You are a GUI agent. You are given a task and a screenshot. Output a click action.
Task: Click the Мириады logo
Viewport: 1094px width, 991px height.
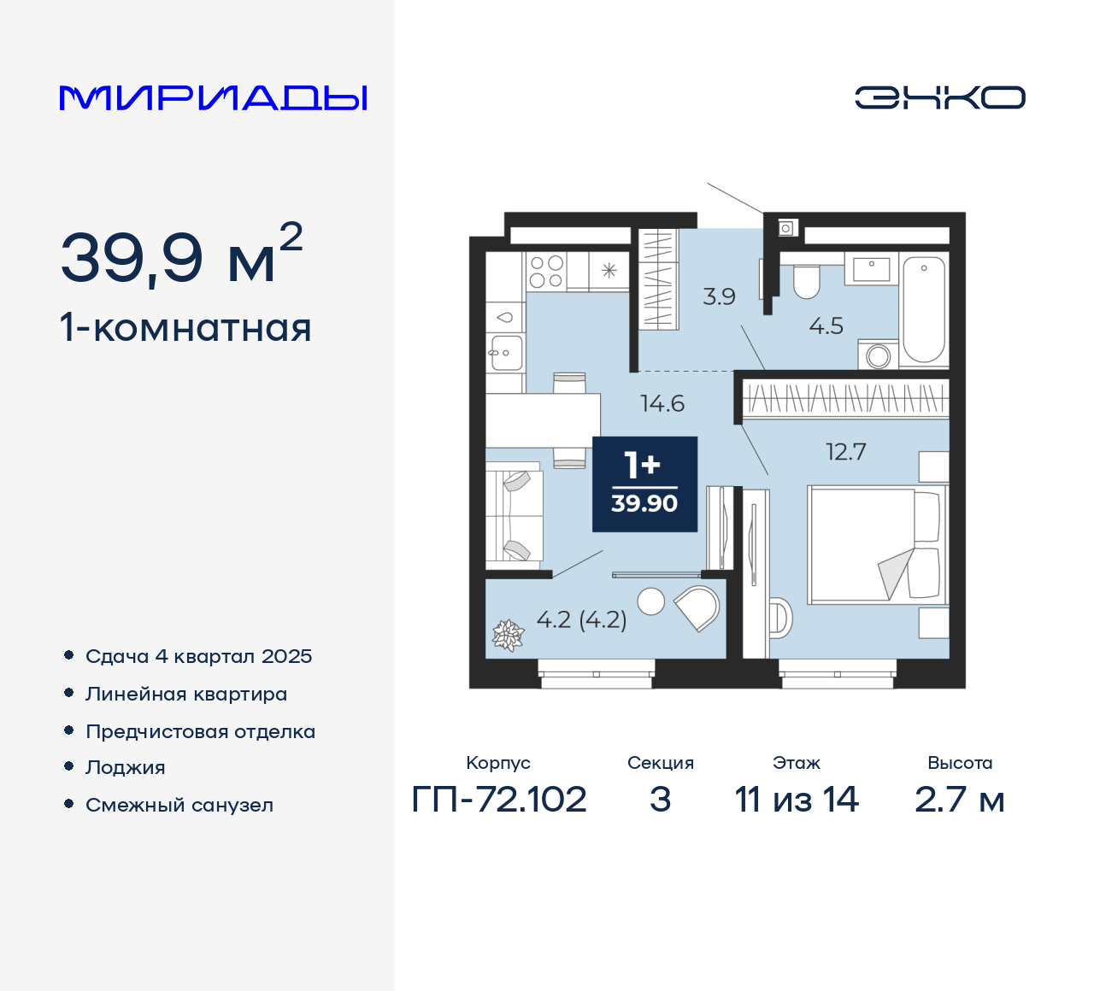[x=214, y=98]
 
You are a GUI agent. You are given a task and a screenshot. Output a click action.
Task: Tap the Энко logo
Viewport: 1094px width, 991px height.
[x=939, y=97]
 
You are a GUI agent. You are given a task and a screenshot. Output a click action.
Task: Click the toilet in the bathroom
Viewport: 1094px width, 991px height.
[x=806, y=281]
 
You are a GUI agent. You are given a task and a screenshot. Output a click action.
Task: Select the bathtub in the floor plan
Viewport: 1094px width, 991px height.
[x=924, y=309]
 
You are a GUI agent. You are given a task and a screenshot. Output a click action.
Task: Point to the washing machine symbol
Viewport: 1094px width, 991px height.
[x=879, y=355]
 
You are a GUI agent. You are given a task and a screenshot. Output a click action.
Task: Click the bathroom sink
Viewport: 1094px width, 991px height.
[x=871, y=268]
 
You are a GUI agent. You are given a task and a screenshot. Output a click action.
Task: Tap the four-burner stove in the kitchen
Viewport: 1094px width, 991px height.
[x=546, y=272]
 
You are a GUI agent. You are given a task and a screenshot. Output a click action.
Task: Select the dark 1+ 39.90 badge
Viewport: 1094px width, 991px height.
[x=644, y=484]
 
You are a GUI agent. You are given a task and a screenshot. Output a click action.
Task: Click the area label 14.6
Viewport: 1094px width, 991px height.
[x=662, y=403]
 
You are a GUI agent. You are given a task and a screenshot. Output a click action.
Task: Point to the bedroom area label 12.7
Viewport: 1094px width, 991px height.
[x=845, y=452]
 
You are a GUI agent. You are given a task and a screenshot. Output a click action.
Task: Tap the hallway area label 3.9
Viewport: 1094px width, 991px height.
[x=719, y=296]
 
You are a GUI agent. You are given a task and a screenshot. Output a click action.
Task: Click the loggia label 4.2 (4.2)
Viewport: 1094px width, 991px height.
[x=581, y=619]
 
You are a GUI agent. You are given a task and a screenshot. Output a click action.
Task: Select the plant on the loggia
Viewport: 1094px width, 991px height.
[x=507, y=635]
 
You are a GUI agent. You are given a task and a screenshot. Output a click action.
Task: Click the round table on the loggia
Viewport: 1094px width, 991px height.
[x=651, y=601]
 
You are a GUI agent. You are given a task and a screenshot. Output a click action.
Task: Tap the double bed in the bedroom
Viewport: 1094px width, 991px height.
[x=876, y=544]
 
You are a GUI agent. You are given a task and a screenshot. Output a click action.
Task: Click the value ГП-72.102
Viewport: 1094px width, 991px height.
[x=499, y=800]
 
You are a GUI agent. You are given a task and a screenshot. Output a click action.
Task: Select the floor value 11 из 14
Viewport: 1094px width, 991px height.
[x=796, y=800]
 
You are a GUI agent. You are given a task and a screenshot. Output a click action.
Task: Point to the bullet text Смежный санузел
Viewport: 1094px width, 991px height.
[x=179, y=805]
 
